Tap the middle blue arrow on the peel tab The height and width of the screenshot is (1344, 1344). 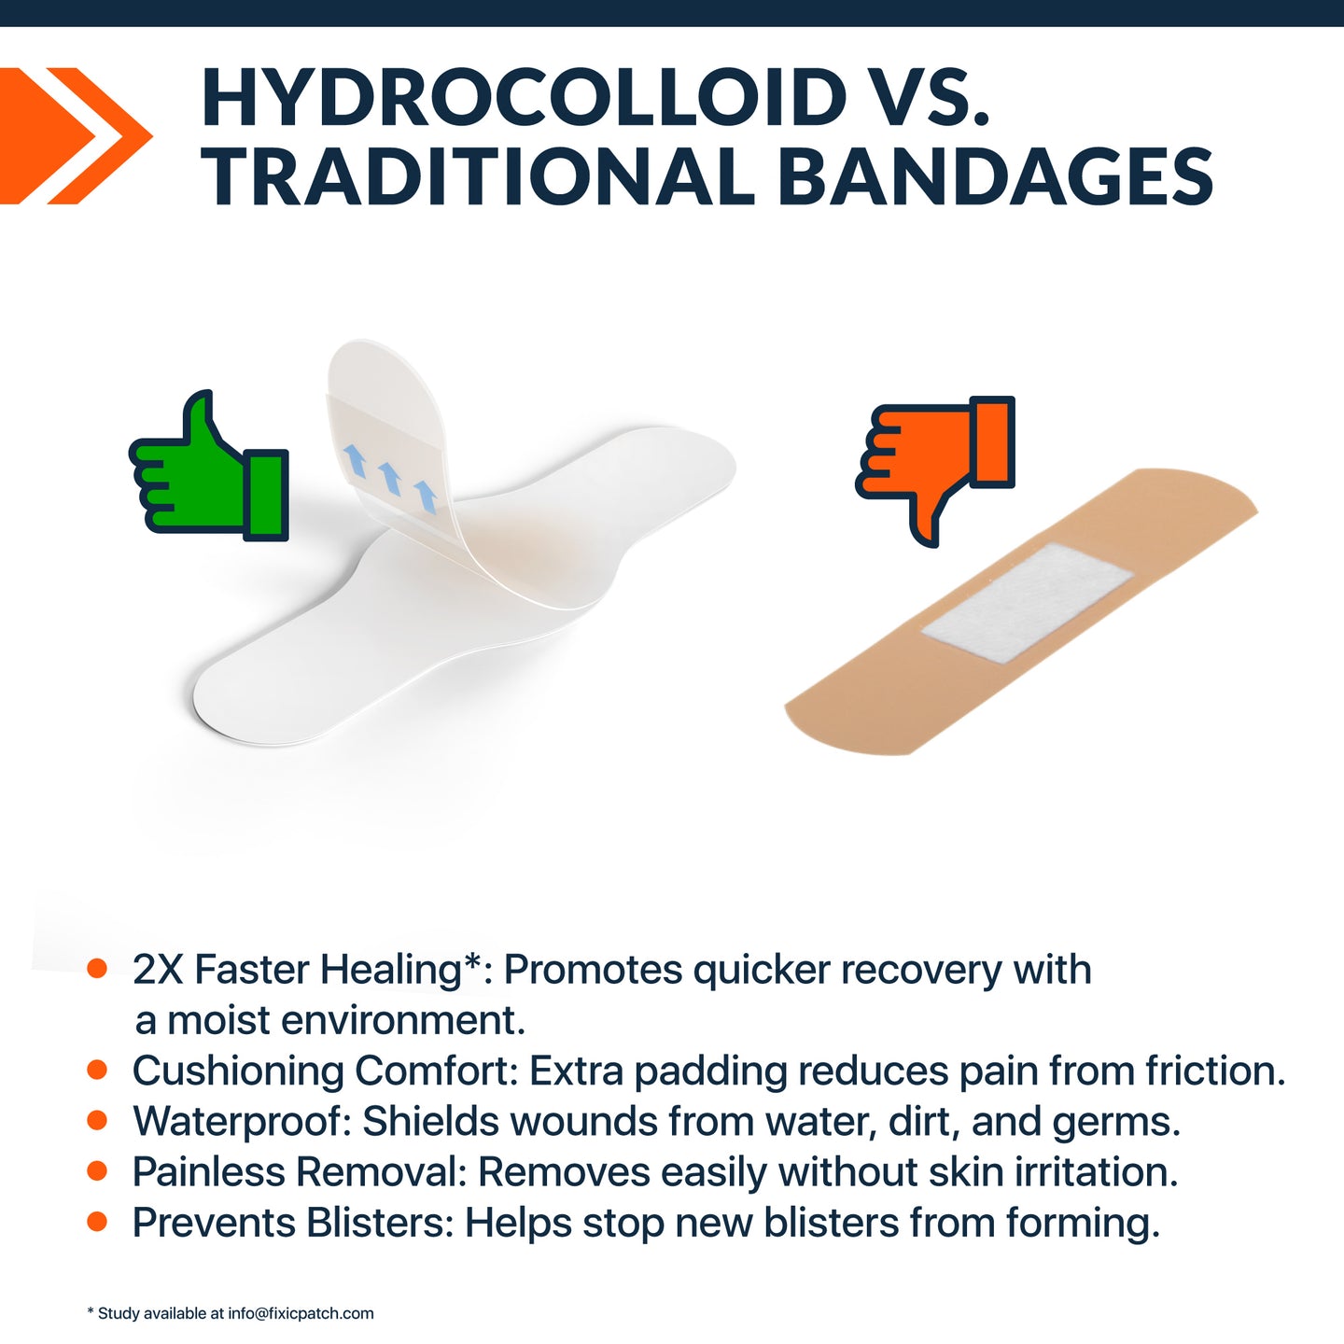tap(389, 479)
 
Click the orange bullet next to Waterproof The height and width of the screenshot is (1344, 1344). tap(97, 1121)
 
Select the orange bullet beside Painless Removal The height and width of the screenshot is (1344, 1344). tap(97, 1171)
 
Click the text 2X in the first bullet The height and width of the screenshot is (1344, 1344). tap(158, 970)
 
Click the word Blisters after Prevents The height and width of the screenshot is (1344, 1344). tap(380, 1223)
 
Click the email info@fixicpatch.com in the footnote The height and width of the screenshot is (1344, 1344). tap(301, 1313)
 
